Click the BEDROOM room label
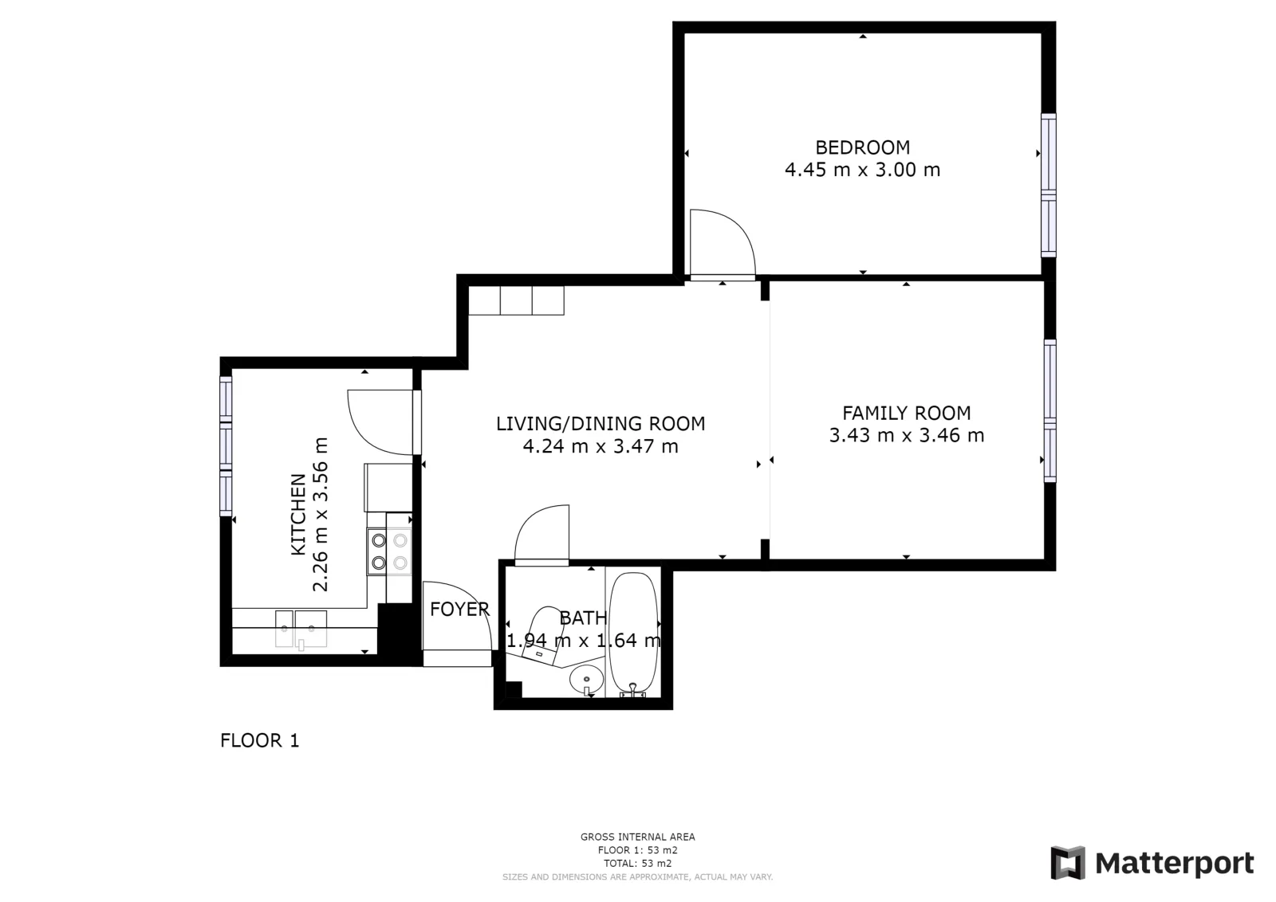(x=862, y=147)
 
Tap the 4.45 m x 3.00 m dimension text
(x=862, y=170)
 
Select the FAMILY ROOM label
(x=906, y=413)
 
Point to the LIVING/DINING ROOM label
(x=601, y=424)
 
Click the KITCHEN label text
(x=298, y=515)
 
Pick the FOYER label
(x=459, y=610)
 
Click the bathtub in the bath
(x=633, y=633)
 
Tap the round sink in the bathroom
(x=586, y=680)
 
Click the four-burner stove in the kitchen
(x=389, y=551)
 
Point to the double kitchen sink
(x=301, y=629)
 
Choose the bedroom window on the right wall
(x=1048, y=185)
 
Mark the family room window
(x=1050, y=410)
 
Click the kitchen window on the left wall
(x=226, y=446)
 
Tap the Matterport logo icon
(x=1068, y=863)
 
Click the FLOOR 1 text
(x=260, y=740)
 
